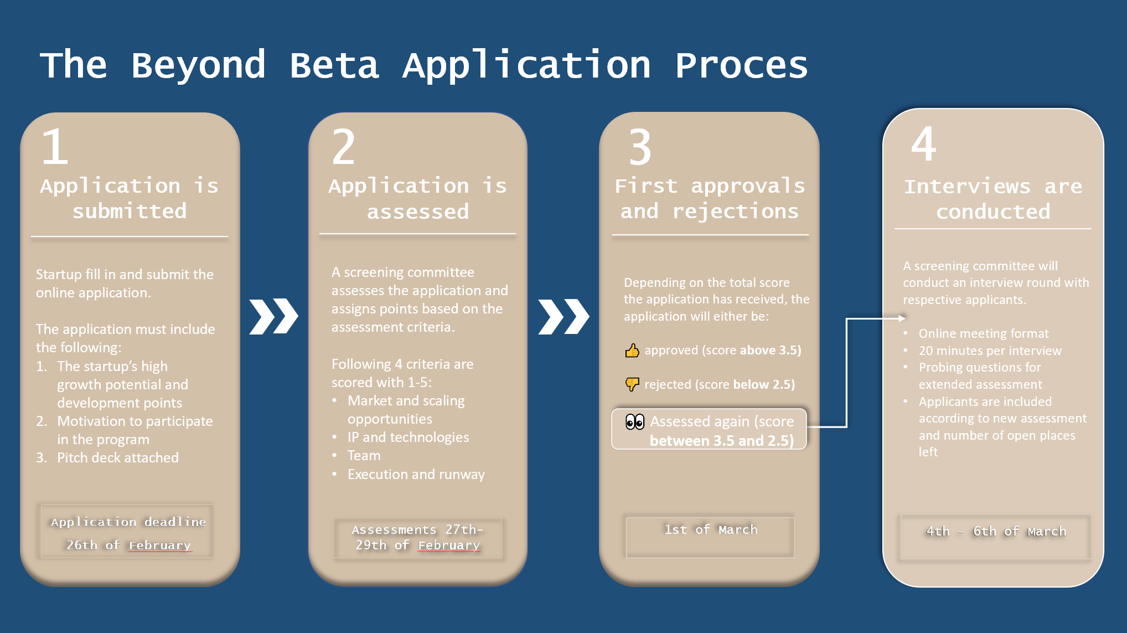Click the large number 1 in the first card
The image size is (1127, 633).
point(55,147)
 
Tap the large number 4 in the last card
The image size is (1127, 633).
point(923,144)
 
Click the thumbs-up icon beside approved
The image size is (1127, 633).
point(632,351)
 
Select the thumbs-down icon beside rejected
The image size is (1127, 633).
point(632,384)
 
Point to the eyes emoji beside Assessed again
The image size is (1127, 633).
point(635,422)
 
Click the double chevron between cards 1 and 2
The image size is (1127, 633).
point(273,317)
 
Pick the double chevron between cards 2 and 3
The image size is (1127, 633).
point(563,317)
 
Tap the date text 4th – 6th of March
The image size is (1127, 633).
point(996,532)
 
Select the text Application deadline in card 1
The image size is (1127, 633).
point(128,522)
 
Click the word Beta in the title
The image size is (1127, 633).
point(334,65)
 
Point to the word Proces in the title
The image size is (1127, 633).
point(741,65)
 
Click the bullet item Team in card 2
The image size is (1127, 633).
point(364,456)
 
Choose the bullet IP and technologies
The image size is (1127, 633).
point(408,438)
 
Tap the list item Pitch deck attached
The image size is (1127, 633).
point(117,458)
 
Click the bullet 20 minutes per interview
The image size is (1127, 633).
point(990,351)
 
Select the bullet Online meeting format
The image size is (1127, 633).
point(984,333)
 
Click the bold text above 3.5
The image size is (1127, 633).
point(770,350)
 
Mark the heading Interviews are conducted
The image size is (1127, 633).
point(993,199)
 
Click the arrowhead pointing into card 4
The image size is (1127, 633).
point(902,318)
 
